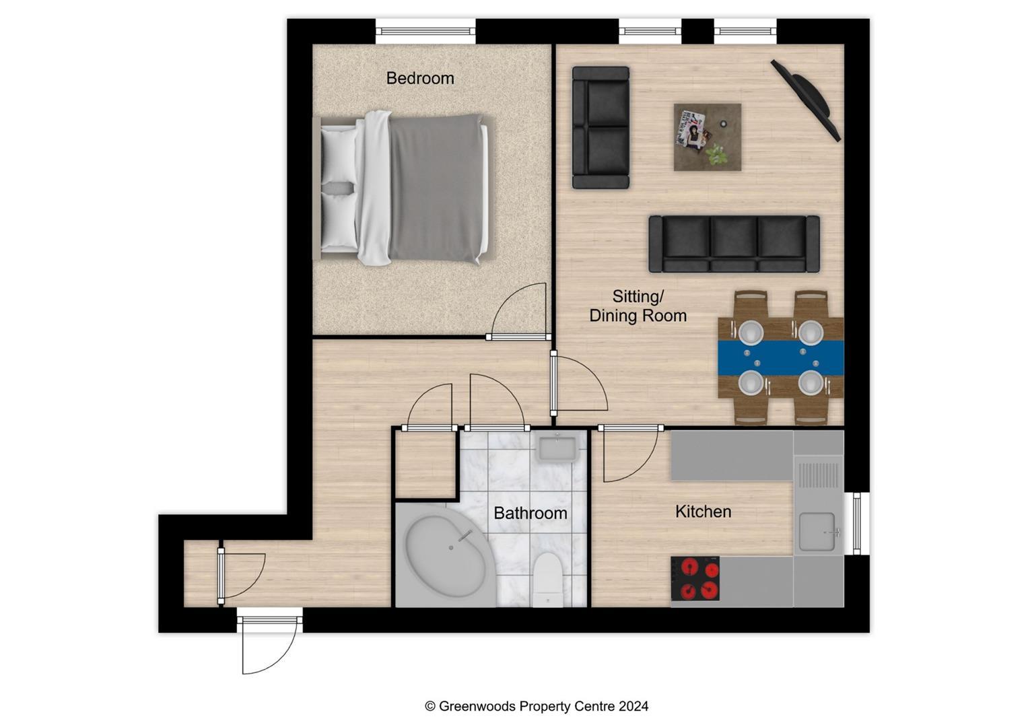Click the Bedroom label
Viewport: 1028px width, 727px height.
(x=419, y=78)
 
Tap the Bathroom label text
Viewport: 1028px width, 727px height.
(x=530, y=513)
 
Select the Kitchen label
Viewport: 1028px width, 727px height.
(x=703, y=512)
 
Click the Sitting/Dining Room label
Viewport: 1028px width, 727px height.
(x=638, y=306)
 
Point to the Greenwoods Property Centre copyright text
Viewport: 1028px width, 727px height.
(x=537, y=706)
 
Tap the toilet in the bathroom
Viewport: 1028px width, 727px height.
(x=546, y=580)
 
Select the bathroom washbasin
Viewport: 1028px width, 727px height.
(x=557, y=447)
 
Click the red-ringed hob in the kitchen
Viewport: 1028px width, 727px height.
(x=695, y=578)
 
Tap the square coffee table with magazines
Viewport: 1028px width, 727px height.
(x=708, y=137)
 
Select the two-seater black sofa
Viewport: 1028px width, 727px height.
(x=601, y=127)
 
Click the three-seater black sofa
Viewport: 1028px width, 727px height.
(x=734, y=244)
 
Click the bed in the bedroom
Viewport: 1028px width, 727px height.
(x=405, y=188)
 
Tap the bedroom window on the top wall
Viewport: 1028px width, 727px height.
(x=425, y=31)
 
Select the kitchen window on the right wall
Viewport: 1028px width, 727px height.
(x=856, y=524)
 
